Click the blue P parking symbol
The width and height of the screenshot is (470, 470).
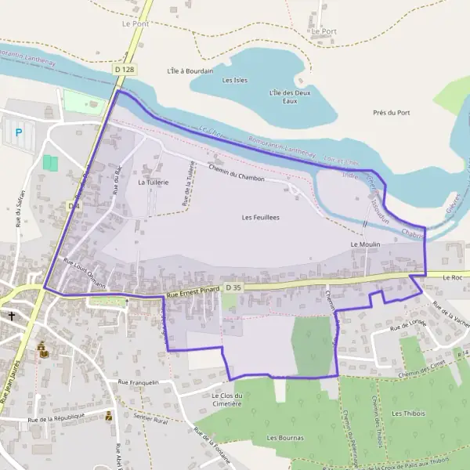point(17,132)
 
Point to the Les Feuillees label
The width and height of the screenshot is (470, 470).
point(261,217)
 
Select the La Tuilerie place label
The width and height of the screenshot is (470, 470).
point(153,182)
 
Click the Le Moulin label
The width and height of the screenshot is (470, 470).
point(365,244)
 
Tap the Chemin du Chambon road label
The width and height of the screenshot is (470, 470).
point(237,173)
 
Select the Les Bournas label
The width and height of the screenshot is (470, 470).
point(284,437)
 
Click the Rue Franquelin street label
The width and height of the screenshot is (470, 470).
point(138,382)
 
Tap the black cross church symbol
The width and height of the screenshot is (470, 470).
point(13,316)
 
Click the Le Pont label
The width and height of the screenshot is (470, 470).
point(136,24)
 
